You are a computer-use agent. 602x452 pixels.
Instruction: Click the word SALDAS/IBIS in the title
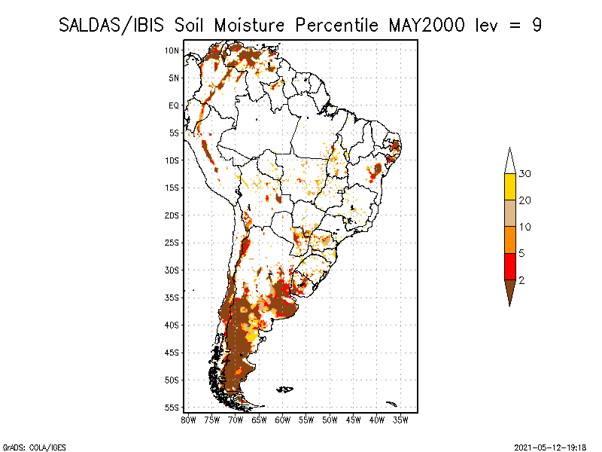111,26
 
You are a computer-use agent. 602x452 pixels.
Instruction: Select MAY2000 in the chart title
427,26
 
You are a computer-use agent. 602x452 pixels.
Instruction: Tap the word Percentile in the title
336,26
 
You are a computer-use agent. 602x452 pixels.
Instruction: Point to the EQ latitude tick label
174,105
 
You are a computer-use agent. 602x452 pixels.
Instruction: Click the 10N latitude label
172,50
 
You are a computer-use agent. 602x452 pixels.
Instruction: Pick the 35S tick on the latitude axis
172,298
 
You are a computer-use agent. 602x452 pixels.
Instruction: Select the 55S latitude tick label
172,408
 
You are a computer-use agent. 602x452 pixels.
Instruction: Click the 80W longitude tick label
189,420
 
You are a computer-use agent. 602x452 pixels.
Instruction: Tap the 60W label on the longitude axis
283,420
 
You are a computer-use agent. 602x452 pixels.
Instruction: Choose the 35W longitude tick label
400,420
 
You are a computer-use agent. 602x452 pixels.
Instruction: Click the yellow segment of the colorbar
510,187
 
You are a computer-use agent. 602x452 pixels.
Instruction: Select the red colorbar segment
510,267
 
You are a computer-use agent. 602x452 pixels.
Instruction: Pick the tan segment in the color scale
510,213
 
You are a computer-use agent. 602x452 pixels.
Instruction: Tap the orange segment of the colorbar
510,240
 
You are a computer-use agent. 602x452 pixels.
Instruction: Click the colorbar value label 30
524,174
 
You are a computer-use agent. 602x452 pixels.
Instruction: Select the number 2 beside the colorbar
521,280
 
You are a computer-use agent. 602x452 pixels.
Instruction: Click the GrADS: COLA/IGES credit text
34,447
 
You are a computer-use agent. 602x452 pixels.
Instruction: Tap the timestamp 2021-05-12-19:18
550,447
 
